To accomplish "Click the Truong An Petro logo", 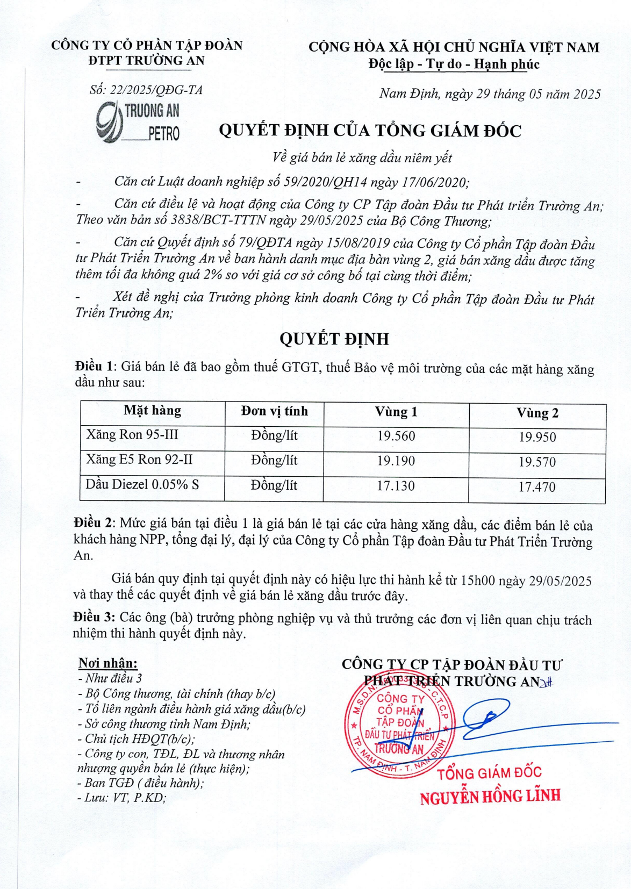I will (x=138, y=122).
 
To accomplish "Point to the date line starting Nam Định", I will (x=490, y=94).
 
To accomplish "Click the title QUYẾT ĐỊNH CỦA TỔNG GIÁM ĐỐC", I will (x=370, y=131).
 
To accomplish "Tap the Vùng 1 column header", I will (x=396, y=412).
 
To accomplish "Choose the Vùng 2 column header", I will (x=537, y=413).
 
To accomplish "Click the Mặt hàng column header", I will (x=153, y=411).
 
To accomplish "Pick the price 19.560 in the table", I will (x=396, y=436).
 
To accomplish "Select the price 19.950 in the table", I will (x=537, y=438).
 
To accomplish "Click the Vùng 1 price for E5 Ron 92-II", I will (x=396, y=461).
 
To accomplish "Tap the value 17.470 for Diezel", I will (x=537, y=487).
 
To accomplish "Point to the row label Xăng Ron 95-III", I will (x=132, y=434).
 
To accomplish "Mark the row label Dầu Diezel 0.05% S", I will (x=142, y=484).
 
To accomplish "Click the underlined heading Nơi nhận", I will (x=107, y=663).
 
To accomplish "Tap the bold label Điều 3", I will (x=94, y=618).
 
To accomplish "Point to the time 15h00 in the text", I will (x=478, y=580).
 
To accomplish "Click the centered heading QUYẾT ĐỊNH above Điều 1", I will (x=334, y=339).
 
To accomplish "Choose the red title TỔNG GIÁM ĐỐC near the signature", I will (x=489, y=773).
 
